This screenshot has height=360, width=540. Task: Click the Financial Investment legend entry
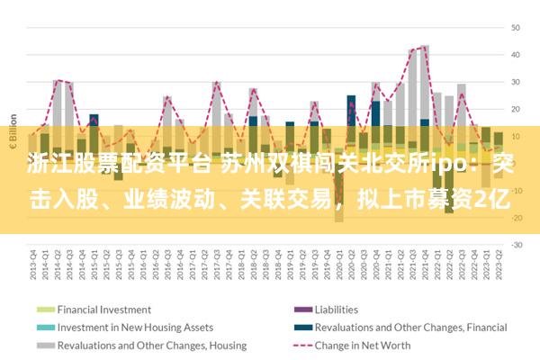103,309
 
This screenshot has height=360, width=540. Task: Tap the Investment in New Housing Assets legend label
135,327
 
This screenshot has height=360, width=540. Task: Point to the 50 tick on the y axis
517,28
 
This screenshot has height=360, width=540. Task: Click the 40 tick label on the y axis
517,55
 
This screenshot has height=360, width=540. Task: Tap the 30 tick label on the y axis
517,82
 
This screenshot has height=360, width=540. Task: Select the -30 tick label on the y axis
517,244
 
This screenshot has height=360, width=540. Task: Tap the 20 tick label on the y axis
517,109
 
